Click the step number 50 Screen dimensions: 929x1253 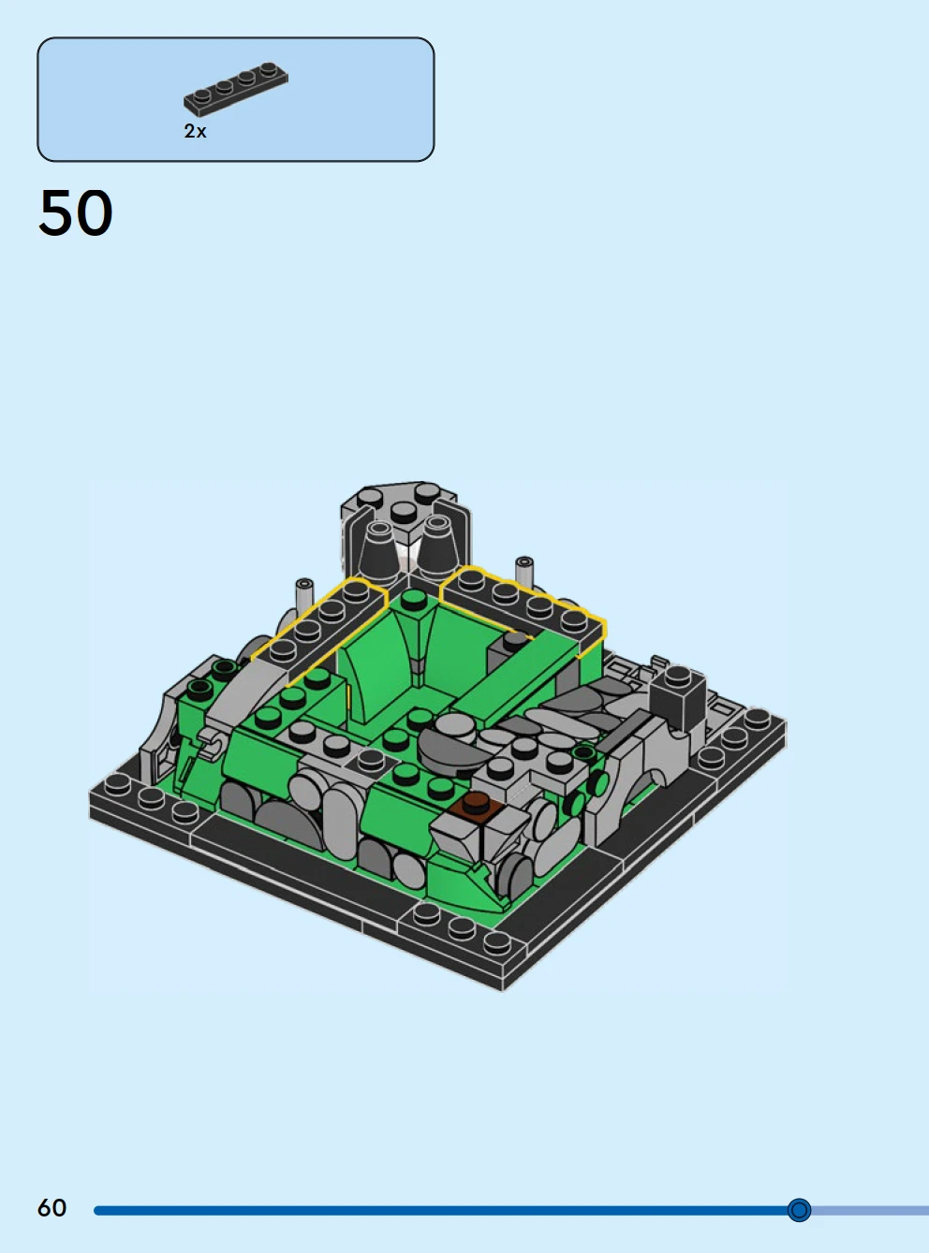coord(76,213)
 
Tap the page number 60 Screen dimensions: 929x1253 coord(52,1208)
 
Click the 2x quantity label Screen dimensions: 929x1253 coord(195,131)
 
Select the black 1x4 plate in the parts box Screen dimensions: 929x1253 coord(236,89)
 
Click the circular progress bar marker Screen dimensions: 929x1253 coord(799,1210)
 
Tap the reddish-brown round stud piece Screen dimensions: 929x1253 coord(476,802)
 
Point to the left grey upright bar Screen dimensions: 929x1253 coord(304,598)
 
